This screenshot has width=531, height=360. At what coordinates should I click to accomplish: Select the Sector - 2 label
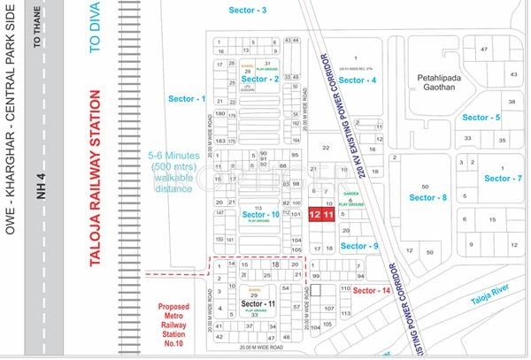260,80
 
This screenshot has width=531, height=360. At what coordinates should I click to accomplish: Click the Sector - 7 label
504,179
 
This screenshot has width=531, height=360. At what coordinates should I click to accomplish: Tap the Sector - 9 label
362,245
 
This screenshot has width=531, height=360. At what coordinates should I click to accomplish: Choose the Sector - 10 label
262,215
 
